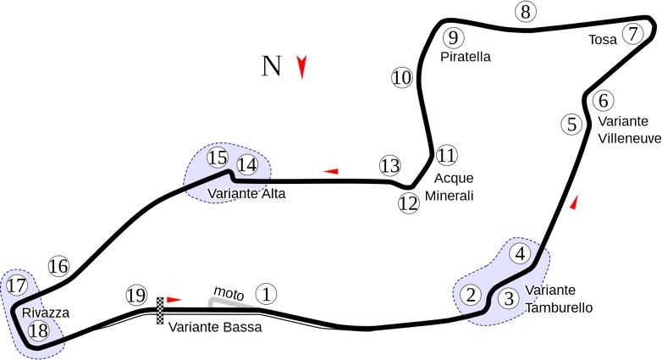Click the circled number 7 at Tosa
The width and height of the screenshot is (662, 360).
tap(632, 34)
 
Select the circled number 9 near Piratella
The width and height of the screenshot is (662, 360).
tap(453, 37)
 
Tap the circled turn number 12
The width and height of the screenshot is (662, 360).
tap(409, 203)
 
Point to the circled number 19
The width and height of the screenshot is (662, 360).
tap(136, 295)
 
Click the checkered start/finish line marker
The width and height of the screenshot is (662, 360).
tap(159, 311)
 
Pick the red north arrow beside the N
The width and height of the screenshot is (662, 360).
tap(301, 67)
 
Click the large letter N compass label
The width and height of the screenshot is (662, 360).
tap(271, 67)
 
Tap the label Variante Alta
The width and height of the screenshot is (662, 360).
tap(246, 194)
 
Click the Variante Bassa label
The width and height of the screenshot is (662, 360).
tap(215, 327)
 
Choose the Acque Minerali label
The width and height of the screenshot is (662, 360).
tap(453, 187)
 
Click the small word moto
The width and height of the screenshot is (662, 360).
tap(228, 292)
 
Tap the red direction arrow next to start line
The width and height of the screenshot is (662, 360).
tap(174, 299)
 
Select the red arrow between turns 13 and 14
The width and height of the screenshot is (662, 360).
tap(331, 171)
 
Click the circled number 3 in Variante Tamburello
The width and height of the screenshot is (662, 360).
tap(507, 298)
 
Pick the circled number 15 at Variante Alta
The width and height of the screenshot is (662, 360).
tap(218, 158)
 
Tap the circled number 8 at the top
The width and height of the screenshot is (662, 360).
tap(526, 12)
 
